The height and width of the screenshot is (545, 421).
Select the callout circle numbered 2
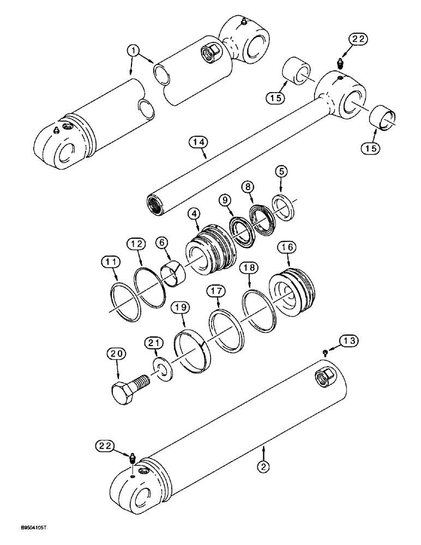[263, 466]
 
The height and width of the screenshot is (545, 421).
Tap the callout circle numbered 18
[250, 269]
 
